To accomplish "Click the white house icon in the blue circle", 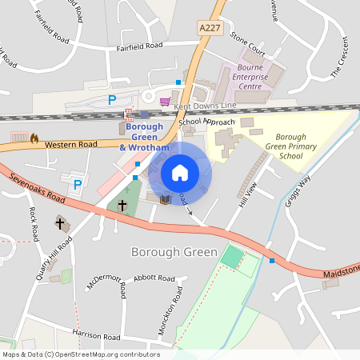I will pos(180,172).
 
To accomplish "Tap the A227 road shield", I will pos(208,27).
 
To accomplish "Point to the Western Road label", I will pos(70,145).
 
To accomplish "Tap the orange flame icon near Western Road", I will pos(34,138).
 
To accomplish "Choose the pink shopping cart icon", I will pos(166,101).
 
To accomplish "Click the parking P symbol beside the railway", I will pos(112,99).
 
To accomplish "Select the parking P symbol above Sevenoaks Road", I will pos(78,185).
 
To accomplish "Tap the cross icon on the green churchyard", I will pos(122,206).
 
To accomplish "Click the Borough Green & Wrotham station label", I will pos(144,137).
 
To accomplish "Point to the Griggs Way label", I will pos(298,192).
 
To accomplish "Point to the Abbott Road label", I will pos(154,278).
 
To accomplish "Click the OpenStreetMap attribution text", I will pos(80,354).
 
